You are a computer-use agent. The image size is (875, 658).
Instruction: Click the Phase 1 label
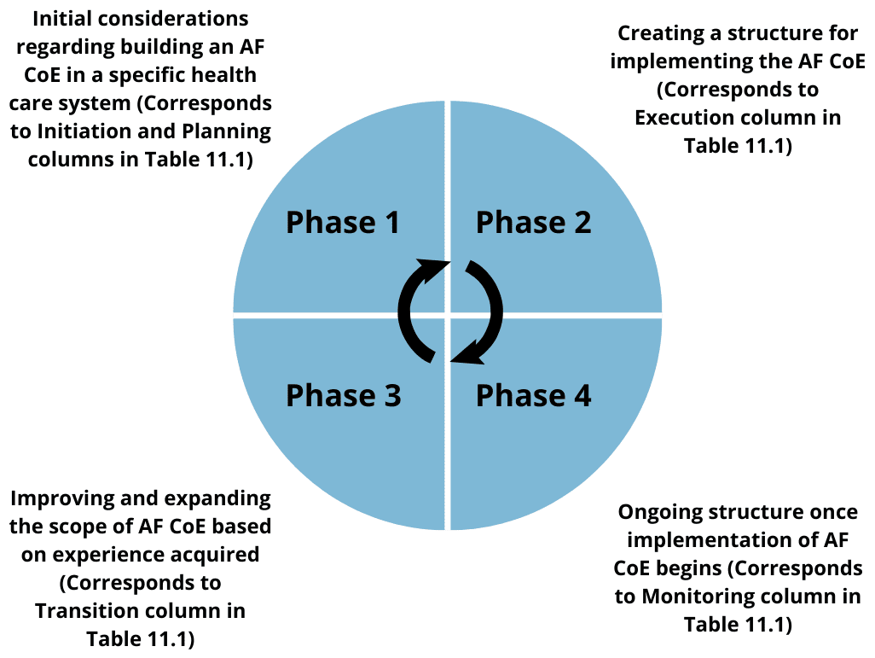click(343, 222)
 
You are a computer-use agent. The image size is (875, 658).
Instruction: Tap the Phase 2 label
click(534, 222)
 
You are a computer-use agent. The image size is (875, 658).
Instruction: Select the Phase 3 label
click(343, 395)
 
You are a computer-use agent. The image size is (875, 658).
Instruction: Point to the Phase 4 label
click(534, 395)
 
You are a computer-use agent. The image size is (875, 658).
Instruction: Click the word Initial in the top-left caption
click(58, 19)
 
